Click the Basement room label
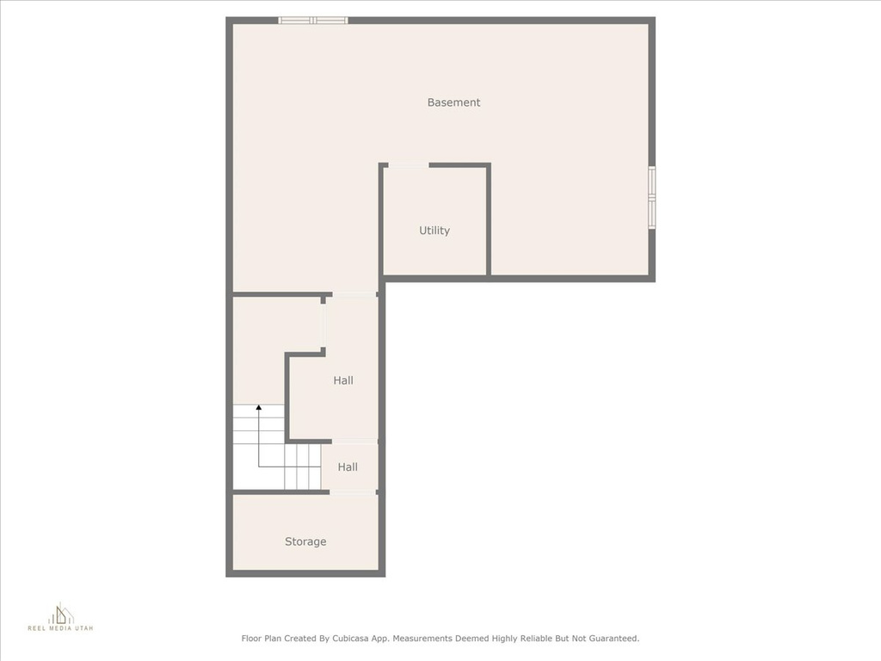pyautogui.click(x=453, y=102)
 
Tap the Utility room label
pyautogui.click(x=434, y=231)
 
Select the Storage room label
pyautogui.click(x=305, y=541)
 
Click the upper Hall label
pyautogui.click(x=343, y=380)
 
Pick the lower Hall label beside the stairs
pyautogui.click(x=348, y=467)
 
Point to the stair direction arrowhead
pyautogui.click(x=258, y=407)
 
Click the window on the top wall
pyautogui.click(x=313, y=21)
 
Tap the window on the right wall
pyautogui.click(x=652, y=197)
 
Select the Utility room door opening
pyautogui.click(x=409, y=165)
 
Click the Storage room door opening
pyautogui.click(x=353, y=493)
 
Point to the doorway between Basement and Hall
pyautogui.click(x=354, y=294)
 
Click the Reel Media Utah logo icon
pyautogui.click(x=61, y=613)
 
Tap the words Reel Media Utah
pyautogui.click(x=61, y=628)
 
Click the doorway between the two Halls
pyautogui.click(x=354, y=442)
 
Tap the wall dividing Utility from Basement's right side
pyautogui.click(x=489, y=219)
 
